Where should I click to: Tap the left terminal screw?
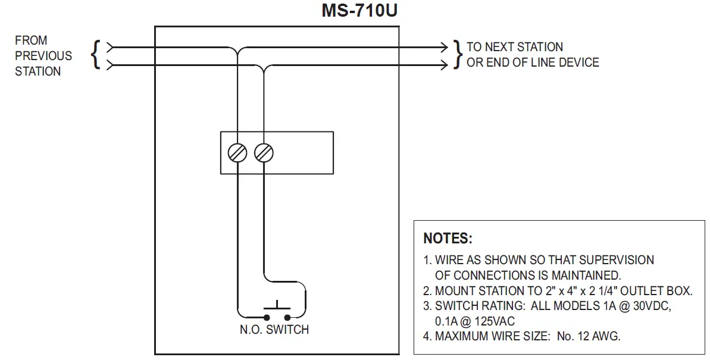(237, 153)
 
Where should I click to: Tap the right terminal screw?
(264, 153)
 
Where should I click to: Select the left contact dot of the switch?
(267, 317)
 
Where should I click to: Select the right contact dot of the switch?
(287, 317)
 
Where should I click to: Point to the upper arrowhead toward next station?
(444, 46)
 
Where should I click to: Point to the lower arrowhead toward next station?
(444, 64)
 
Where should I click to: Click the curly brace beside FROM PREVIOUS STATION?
(96, 55)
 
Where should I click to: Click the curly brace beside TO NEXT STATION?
(458, 55)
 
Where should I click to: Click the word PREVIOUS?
(43, 56)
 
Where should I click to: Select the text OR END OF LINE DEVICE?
(533, 62)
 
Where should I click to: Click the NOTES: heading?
(448, 239)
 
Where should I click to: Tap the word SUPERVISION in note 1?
(616, 260)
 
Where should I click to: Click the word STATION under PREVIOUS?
(38, 71)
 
